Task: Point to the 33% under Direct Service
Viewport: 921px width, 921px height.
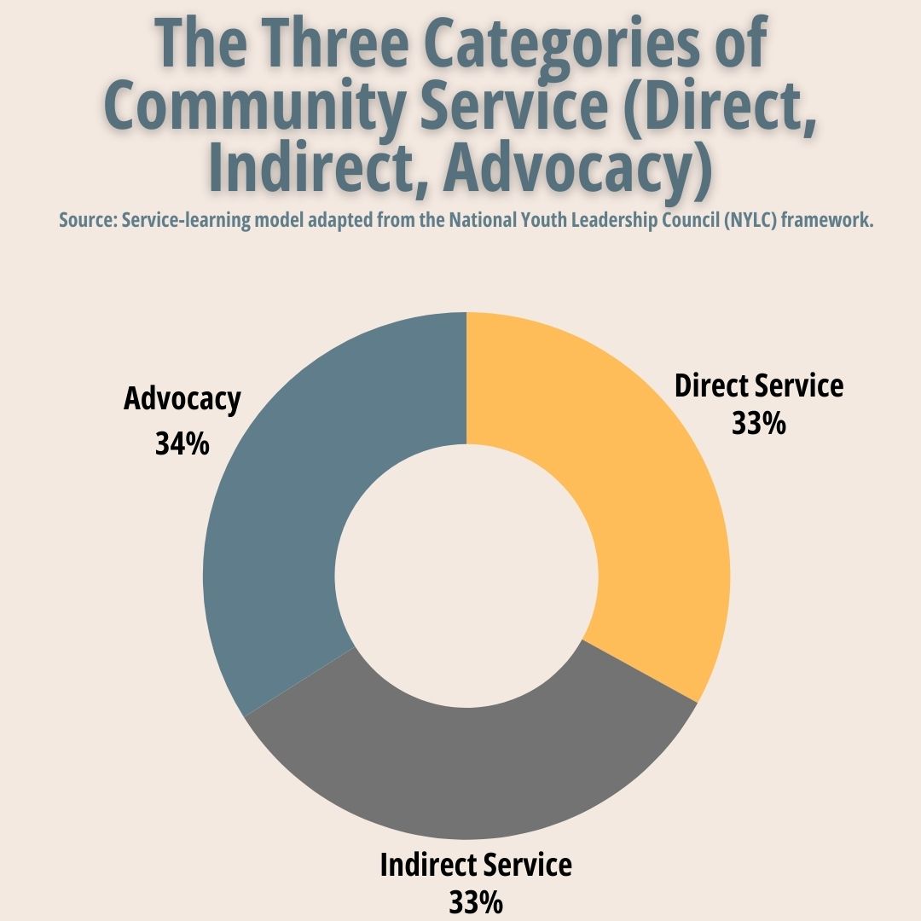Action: [759, 424]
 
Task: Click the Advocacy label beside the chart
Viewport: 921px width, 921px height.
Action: [182, 399]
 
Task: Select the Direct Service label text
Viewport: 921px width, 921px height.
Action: [759, 385]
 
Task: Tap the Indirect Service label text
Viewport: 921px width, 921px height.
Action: [476, 865]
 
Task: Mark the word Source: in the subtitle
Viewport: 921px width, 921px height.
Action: [87, 220]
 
